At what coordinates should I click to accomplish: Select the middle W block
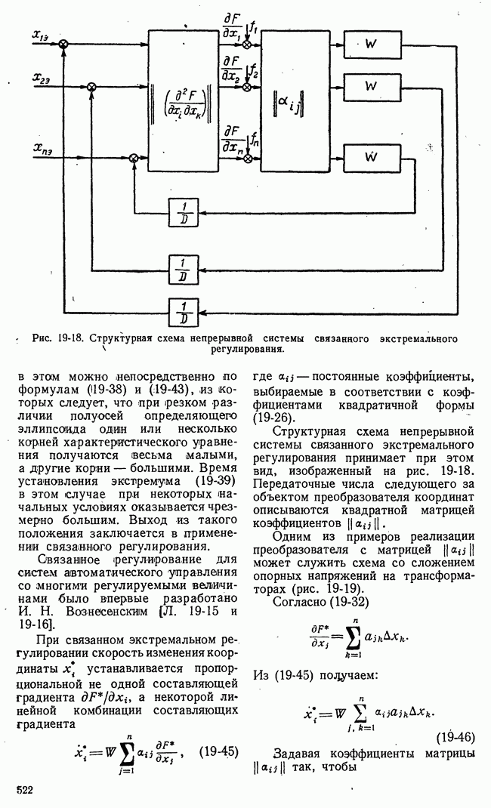[x=370, y=87]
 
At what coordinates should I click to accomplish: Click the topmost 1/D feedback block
[x=181, y=211]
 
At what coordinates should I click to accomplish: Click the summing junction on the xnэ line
[x=134, y=158]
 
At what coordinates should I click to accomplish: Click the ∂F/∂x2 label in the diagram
[x=230, y=69]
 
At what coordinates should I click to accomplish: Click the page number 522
[x=26, y=789]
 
